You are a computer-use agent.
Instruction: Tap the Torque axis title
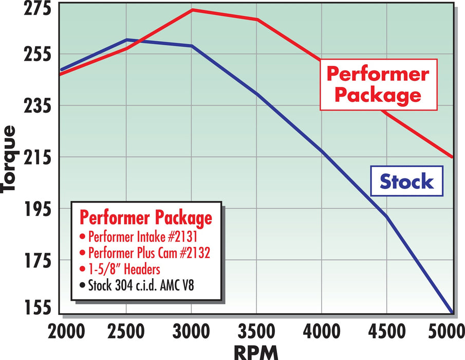(x=10, y=159)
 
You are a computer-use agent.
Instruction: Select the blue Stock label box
(x=406, y=181)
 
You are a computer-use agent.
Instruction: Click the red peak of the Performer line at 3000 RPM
(x=192, y=10)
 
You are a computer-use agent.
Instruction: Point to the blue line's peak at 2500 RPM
(x=126, y=40)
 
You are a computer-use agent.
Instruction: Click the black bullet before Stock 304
(x=83, y=284)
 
